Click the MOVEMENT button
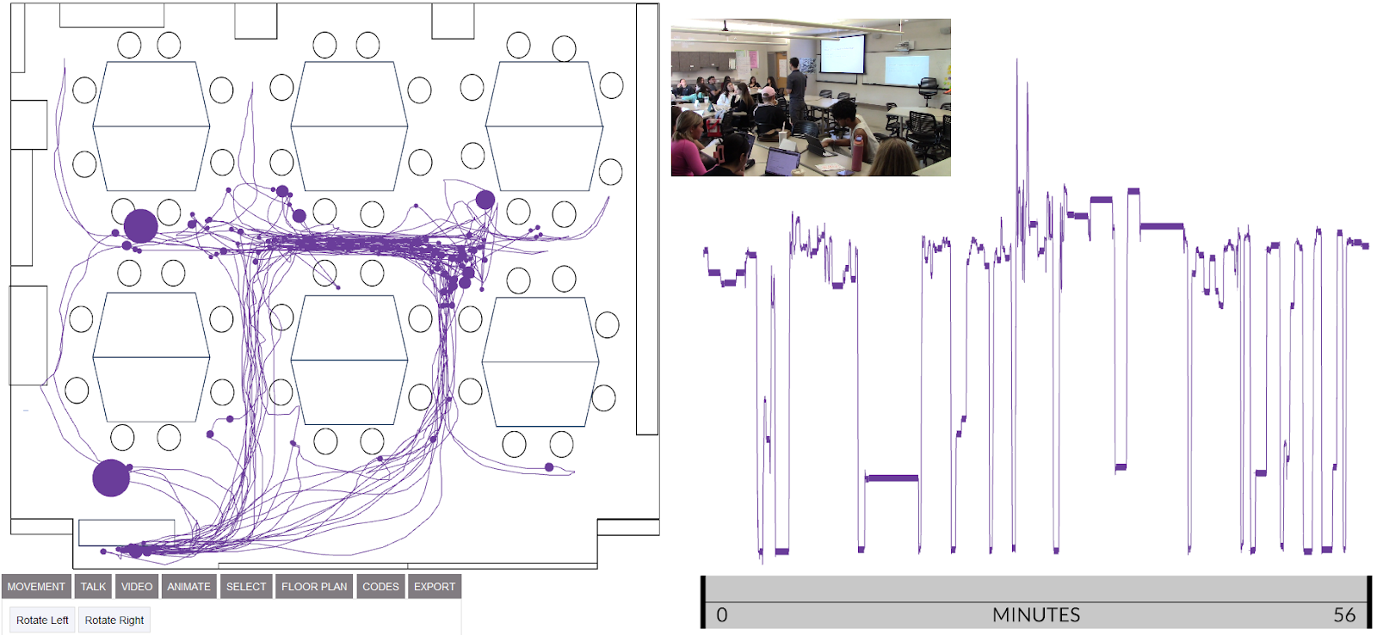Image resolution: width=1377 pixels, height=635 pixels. click(36, 587)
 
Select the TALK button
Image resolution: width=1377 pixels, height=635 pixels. click(93, 587)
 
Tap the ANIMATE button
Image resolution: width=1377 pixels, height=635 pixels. click(188, 587)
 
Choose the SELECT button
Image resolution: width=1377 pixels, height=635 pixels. click(246, 587)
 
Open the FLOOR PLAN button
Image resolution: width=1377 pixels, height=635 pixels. click(314, 587)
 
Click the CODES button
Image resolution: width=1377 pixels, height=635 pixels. click(380, 587)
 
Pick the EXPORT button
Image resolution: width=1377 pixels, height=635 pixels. click(435, 587)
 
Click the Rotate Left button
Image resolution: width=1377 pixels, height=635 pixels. click(42, 620)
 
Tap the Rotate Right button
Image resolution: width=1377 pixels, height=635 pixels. click(114, 620)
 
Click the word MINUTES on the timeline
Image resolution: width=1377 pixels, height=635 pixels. click(1035, 615)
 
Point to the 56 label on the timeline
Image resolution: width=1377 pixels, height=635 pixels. click(1344, 615)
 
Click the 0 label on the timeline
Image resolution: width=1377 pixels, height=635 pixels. click(722, 615)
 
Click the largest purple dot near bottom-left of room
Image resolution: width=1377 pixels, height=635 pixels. click(111, 478)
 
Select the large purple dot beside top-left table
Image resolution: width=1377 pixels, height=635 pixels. click(140, 226)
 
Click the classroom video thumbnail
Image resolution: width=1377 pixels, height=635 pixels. click(811, 97)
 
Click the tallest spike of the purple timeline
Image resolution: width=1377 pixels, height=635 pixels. click(1016, 62)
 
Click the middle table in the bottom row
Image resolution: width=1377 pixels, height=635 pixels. click(349, 360)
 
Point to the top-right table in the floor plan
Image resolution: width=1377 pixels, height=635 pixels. click(544, 126)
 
